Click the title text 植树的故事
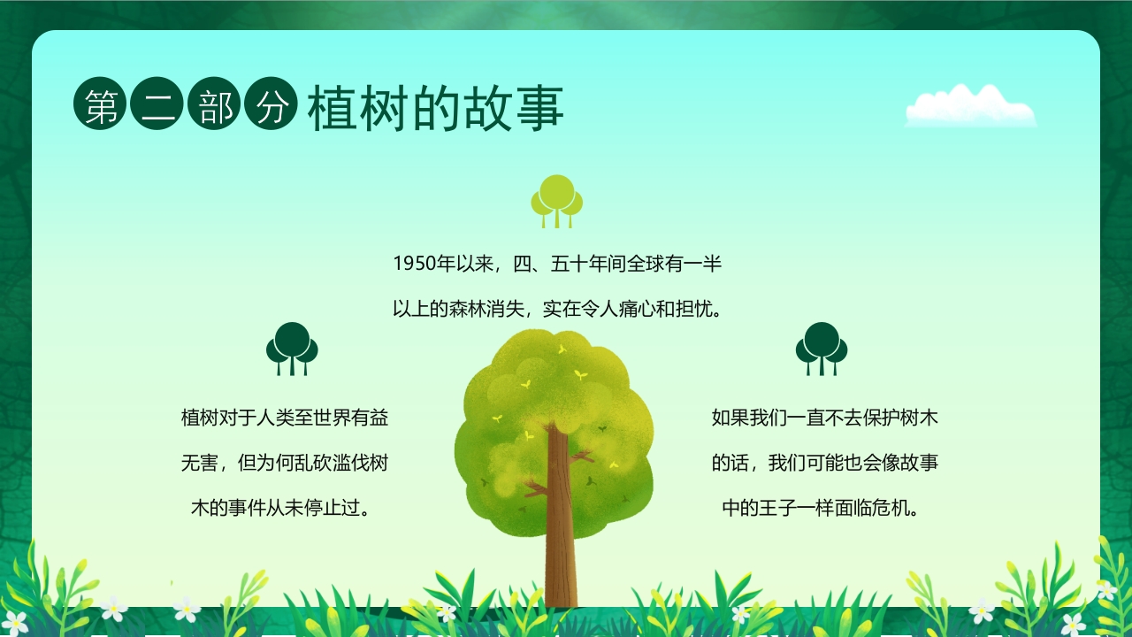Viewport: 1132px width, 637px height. [435, 110]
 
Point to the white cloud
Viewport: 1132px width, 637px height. [970, 106]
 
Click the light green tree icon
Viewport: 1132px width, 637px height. [556, 200]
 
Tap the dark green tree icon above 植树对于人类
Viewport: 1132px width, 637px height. [292, 348]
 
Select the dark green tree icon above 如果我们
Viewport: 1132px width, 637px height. [822, 348]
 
